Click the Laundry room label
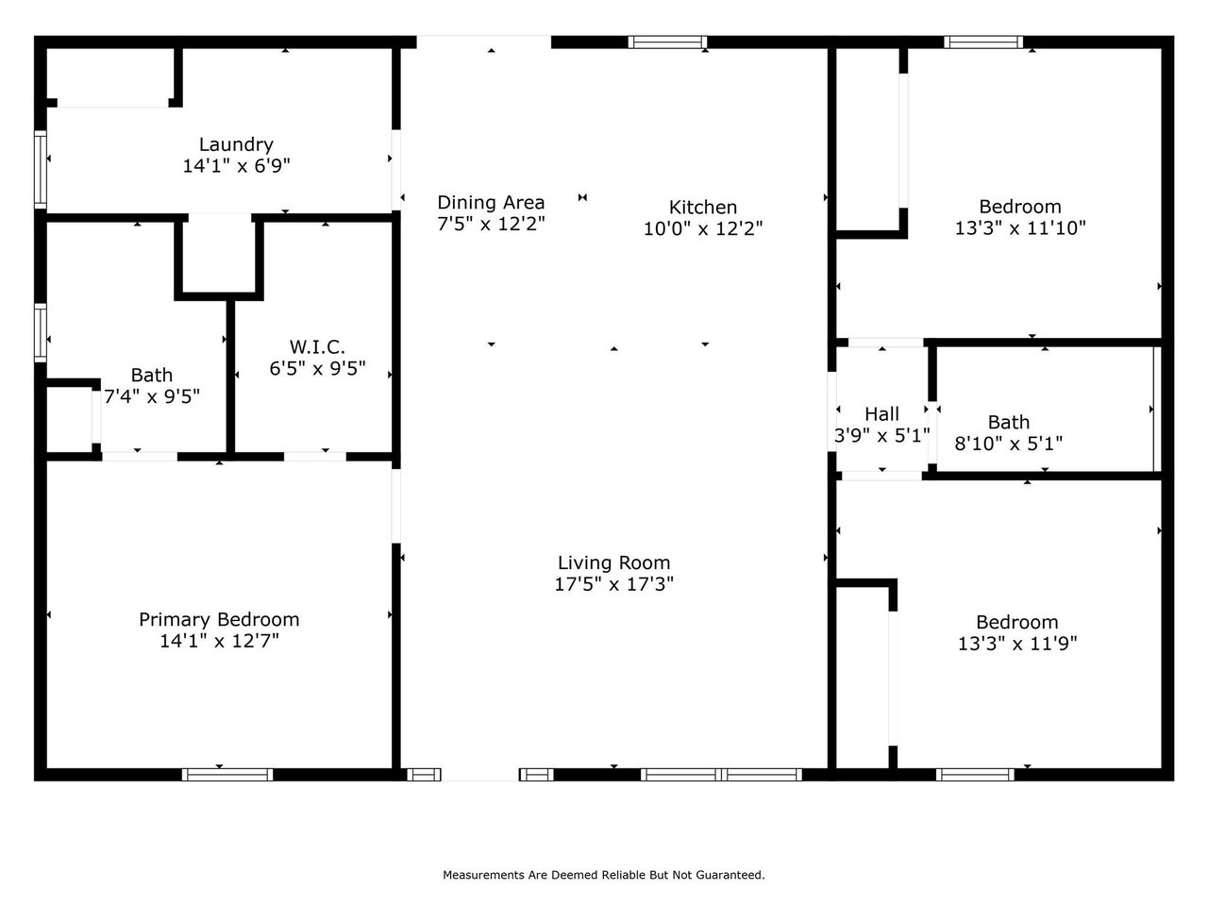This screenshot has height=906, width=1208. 236,144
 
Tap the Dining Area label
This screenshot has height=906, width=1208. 491,203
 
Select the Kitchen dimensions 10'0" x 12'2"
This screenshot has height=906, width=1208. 703,228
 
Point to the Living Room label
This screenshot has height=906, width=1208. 613,563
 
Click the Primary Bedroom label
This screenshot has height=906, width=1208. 219,620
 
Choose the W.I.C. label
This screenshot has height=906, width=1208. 317,346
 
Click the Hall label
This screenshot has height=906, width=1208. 882,414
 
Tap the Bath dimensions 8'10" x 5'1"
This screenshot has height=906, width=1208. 1009,444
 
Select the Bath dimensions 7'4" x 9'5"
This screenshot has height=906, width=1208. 152,397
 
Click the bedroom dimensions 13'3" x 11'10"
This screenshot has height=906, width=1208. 1020,228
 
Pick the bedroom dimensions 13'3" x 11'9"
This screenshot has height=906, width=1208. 1016,644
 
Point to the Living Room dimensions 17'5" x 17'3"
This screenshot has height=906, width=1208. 613,585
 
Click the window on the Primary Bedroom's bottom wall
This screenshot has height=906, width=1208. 227,775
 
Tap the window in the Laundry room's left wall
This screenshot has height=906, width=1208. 41,169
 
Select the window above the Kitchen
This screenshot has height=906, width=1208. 667,42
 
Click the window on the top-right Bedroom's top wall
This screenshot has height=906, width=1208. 983,42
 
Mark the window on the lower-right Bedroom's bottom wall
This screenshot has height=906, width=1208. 976,775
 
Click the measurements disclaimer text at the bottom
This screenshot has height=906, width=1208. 604,876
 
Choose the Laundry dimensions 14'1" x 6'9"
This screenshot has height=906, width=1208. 236,166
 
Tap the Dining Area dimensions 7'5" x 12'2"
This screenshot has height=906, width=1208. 491,225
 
